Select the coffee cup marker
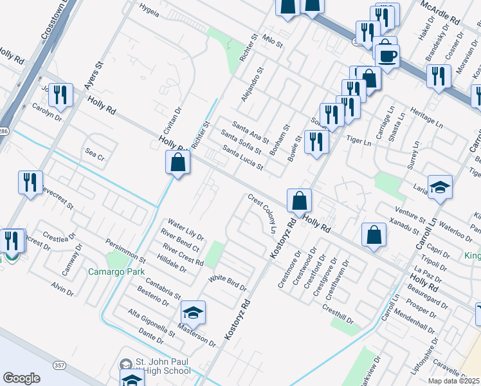click(387, 55)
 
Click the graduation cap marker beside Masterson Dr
click(193, 313)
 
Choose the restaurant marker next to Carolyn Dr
click(60, 95)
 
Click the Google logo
click(21, 378)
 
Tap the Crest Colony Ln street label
click(262, 214)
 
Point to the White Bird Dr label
click(228, 282)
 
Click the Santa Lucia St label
click(242, 158)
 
